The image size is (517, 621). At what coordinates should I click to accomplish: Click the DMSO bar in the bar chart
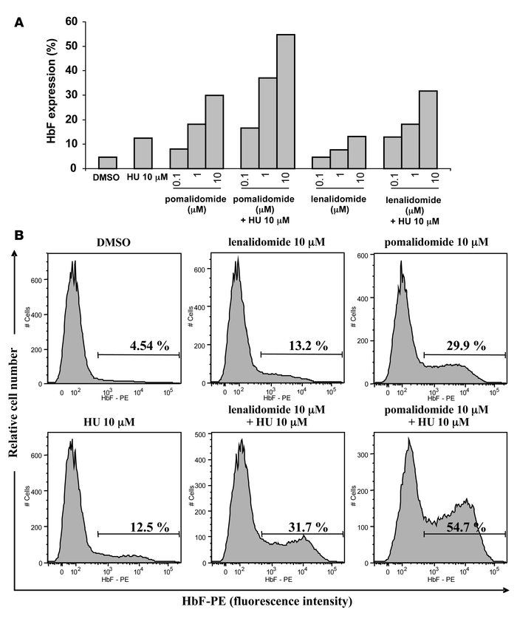[108, 162]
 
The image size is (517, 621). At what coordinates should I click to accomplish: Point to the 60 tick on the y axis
[75, 21]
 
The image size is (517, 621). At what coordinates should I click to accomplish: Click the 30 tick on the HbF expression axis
[75, 95]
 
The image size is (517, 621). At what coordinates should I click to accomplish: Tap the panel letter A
[21, 24]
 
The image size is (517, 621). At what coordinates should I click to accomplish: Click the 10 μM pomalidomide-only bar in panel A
[215, 131]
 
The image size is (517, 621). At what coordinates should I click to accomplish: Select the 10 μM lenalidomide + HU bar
[428, 129]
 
